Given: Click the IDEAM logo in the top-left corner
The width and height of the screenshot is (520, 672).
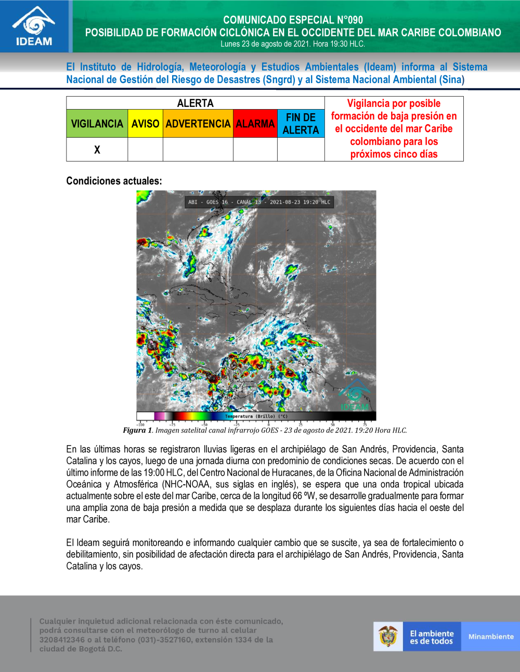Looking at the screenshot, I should [34, 27].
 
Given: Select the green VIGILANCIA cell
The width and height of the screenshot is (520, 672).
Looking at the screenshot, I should [97, 124].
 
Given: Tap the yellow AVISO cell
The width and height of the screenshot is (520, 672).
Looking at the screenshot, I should [145, 124].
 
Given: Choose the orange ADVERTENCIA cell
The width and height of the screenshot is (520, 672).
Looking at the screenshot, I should [198, 124].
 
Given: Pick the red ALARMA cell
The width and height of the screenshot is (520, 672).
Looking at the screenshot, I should [255, 124].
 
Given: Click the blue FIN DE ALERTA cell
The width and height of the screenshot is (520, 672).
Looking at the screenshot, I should [301, 124].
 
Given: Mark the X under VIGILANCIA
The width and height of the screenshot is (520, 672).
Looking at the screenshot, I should [97, 150].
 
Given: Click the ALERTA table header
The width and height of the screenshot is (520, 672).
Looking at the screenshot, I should [195, 103].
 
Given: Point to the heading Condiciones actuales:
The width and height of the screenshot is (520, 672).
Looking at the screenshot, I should [114, 181].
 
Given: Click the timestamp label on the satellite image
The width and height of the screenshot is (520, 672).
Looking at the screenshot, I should [259, 202].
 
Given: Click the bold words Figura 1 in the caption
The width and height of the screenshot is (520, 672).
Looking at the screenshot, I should [137, 430].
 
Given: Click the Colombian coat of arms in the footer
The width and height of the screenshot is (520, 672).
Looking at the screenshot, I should [388, 636].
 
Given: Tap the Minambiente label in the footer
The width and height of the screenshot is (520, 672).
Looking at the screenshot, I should [490, 636].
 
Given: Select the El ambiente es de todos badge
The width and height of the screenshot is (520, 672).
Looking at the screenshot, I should [432, 637].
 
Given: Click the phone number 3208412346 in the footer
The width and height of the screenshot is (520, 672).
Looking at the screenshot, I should [62, 639].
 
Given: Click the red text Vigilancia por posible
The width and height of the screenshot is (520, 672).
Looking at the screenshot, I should [394, 103].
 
